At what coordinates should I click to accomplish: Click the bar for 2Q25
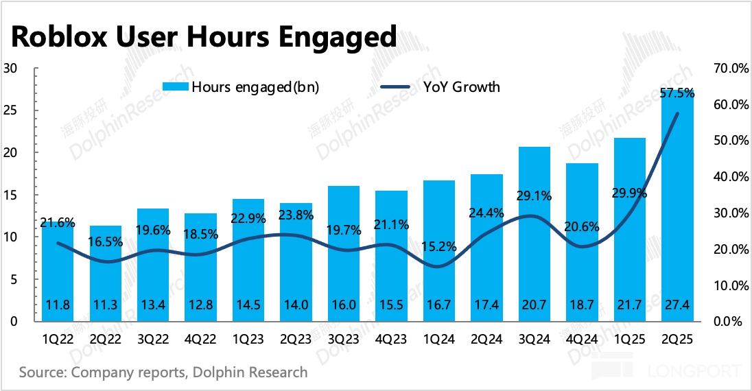click(678, 206)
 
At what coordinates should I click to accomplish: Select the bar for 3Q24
click(534, 233)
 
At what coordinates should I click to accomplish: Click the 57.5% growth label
click(677, 93)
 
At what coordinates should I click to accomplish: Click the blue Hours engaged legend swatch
click(175, 87)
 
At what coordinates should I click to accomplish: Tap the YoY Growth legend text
click(461, 87)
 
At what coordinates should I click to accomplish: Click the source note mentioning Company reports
click(163, 372)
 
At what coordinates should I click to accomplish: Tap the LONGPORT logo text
click(694, 372)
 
